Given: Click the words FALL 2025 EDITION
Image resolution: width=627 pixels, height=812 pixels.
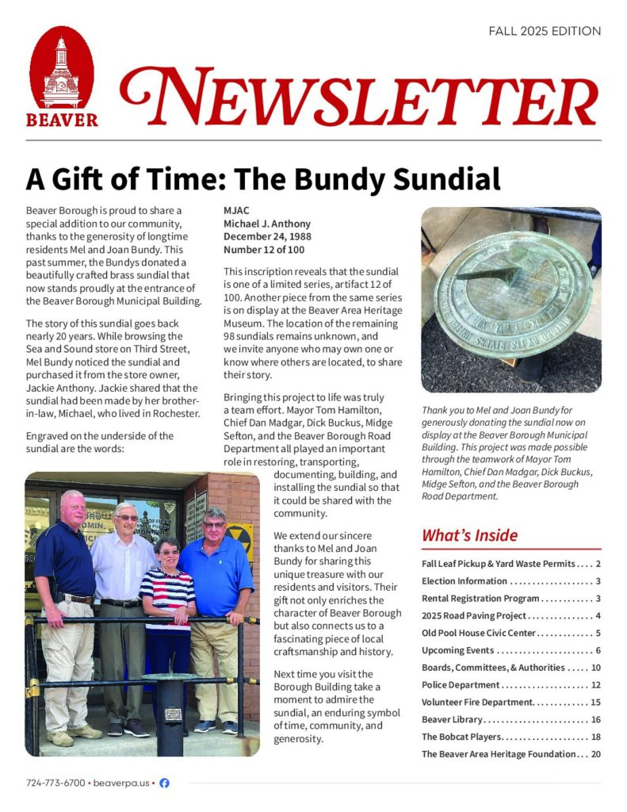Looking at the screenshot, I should click(x=545, y=32).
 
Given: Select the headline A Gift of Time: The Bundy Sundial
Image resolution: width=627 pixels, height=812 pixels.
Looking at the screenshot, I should click(x=263, y=179).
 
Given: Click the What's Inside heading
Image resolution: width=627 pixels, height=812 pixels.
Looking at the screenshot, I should click(x=469, y=535).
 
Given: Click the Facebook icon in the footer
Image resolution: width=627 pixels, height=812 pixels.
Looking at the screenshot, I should click(x=164, y=783).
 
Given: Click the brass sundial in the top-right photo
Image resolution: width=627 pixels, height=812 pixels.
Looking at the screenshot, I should click(x=512, y=293).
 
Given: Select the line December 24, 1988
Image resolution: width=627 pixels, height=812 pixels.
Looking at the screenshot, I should click(x=267, y=236).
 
